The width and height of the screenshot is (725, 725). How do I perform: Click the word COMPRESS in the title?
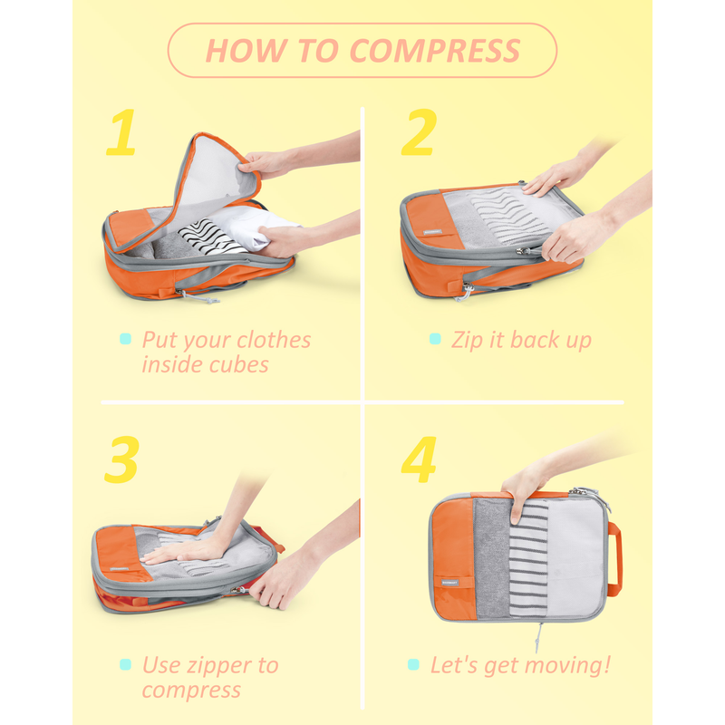(x=435, y=51)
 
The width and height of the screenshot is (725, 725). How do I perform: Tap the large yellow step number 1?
(x=121, y=132)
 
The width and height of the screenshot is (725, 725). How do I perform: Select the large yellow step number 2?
(x=419, y=132)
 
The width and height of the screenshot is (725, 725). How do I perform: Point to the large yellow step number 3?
(x=121, y=459)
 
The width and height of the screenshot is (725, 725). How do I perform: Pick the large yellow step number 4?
(x=419, y=459)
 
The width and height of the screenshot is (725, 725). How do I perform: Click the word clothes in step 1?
(x=274, y=341)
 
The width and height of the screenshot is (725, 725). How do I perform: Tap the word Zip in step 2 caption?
(x=468, y=342)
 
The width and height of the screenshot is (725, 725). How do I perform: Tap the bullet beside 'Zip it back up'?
(x=435, y=339)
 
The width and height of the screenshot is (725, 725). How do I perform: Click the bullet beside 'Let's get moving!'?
(x=413, y=665)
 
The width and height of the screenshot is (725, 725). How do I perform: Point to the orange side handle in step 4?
(x=614, y=558)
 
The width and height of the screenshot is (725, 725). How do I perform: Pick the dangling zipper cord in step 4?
(x=538, y=638)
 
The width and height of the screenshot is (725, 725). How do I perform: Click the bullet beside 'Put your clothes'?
(x=125, y=339)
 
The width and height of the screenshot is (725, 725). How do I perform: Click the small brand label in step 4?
(x=449, y=583)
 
